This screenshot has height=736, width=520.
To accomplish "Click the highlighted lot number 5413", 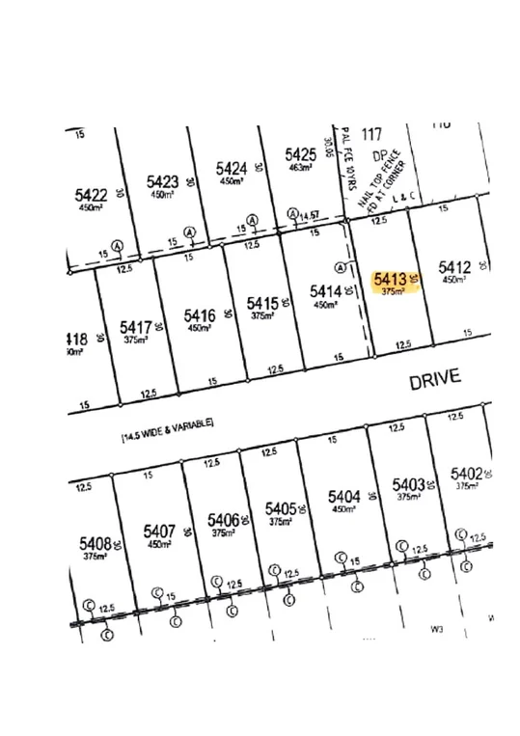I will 390,279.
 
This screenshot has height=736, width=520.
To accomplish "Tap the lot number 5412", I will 453,266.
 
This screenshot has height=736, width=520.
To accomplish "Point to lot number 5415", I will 261,303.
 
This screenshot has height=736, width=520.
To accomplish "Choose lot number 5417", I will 136,327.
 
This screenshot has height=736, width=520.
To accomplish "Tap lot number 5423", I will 162,181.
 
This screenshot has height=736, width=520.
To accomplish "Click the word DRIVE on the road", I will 434,378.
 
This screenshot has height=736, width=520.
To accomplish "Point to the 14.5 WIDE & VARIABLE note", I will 166,431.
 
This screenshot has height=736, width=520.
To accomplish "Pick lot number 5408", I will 96,544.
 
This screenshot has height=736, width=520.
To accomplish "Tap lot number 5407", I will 159,531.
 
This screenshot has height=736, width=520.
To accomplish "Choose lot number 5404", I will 343,497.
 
